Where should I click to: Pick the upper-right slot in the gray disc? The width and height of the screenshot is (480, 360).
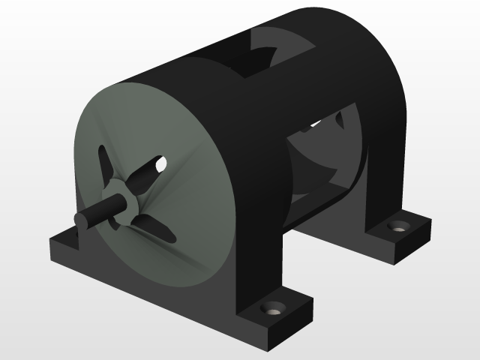pyautogui.click(x=149, y=170)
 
